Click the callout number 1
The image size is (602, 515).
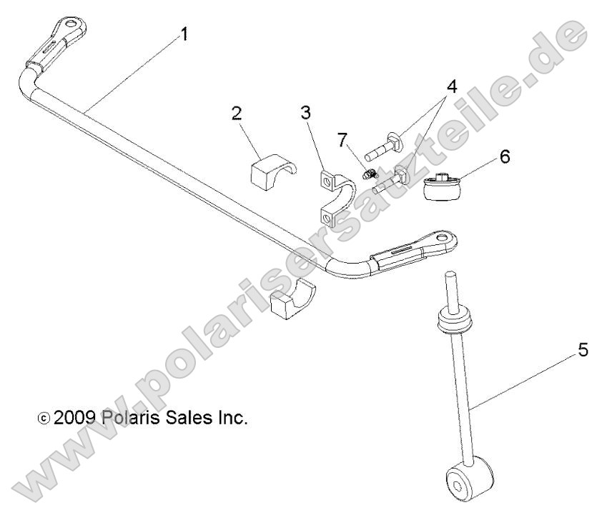[184, 34]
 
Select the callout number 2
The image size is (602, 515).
[236, 113]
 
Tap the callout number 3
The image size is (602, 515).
[305, 112]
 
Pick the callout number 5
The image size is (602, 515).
[583, 351]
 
